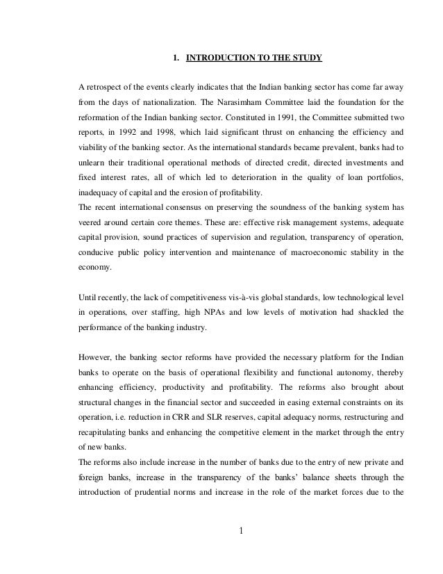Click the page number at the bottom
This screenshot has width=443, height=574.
(240, 534)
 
